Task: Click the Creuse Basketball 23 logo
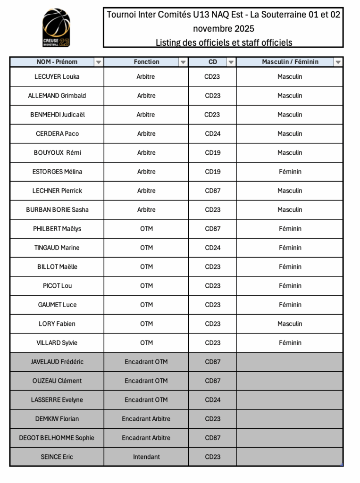[56, 28]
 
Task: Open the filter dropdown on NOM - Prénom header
[98, 62]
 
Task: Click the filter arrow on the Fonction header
[183, 62]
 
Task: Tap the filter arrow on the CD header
[231, 62]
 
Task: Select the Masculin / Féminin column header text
[290, 62]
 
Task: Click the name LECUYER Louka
[57, 76]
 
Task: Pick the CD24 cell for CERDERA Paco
[212, 133]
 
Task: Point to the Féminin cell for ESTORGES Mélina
[290, 172]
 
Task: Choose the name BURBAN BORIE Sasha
[57, 209]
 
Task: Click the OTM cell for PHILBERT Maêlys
[146, 229]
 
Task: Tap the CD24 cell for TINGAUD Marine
[212, 248]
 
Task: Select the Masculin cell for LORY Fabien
[290, 324]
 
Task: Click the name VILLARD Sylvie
[57, 342]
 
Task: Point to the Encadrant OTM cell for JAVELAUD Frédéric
[146, 362]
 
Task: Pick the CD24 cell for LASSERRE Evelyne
[212, 400]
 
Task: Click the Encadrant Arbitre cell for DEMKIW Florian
[146, 418]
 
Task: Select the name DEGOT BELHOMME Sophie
[57, 438]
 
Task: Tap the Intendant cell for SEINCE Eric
[146, 457]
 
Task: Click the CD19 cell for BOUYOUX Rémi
[212, 152]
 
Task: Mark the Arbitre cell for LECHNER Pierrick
[146, 191]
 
